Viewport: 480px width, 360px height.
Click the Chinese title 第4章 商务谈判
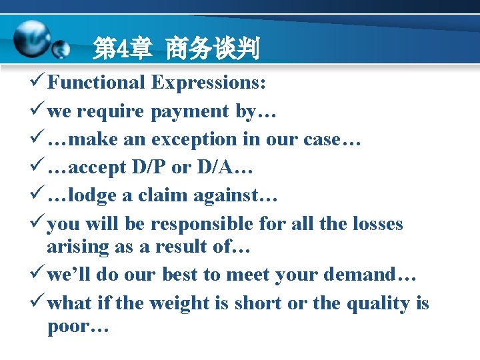176,49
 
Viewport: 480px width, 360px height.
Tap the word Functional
96,82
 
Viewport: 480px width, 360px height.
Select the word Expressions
209,82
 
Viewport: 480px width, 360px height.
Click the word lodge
91,196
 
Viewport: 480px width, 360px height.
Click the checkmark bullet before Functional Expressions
39,82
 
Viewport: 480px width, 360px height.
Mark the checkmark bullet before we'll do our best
39,275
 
